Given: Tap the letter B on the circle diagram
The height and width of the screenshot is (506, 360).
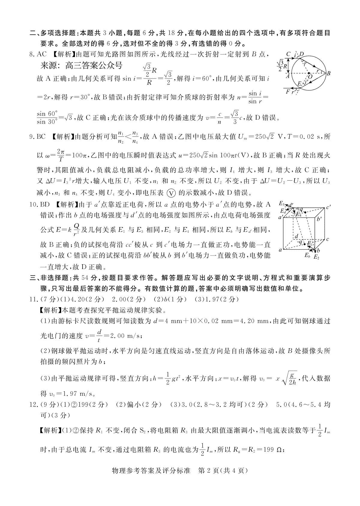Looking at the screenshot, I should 328,73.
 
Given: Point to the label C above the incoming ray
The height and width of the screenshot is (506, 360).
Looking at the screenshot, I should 288,54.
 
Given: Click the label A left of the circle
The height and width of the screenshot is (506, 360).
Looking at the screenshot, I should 288,76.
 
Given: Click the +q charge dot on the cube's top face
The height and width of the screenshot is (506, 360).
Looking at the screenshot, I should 305,212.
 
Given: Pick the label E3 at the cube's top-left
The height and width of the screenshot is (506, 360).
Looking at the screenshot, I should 282,204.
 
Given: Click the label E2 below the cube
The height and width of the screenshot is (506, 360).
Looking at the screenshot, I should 316,257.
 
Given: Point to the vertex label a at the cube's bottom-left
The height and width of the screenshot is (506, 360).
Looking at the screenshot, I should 280,250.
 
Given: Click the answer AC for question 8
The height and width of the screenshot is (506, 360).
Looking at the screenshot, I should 42,55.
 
